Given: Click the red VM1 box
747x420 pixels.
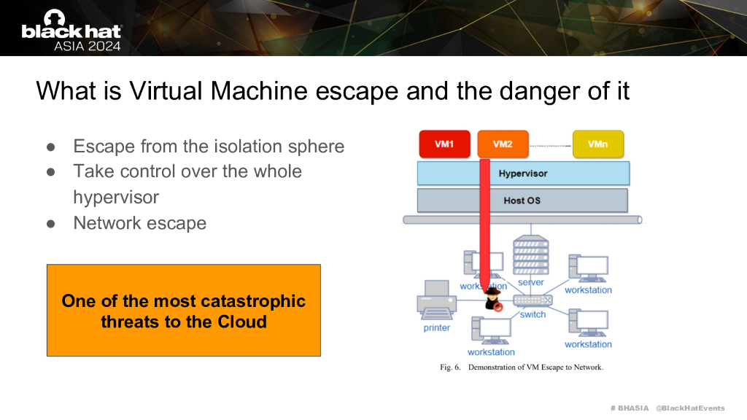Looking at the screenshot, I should tap(444, 144).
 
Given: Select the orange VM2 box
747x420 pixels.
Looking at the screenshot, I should tap(503, 144).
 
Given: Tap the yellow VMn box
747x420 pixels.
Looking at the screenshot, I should tap(597, 144).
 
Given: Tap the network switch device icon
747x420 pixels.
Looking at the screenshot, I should tap(533, 300).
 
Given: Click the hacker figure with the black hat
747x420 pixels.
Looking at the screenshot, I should tap(494, 299).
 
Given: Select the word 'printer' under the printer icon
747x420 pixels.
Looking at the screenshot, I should tap(437, 328).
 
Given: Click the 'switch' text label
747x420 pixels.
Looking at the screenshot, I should tap(533, 314).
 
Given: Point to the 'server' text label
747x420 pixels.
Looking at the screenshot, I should tap(531, 282).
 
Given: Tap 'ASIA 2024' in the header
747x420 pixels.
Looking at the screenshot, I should tap(88, 45).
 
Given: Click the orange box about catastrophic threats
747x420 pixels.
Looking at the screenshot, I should tap(184, 311).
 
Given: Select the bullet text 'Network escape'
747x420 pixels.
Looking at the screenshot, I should tap(140, 223).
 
